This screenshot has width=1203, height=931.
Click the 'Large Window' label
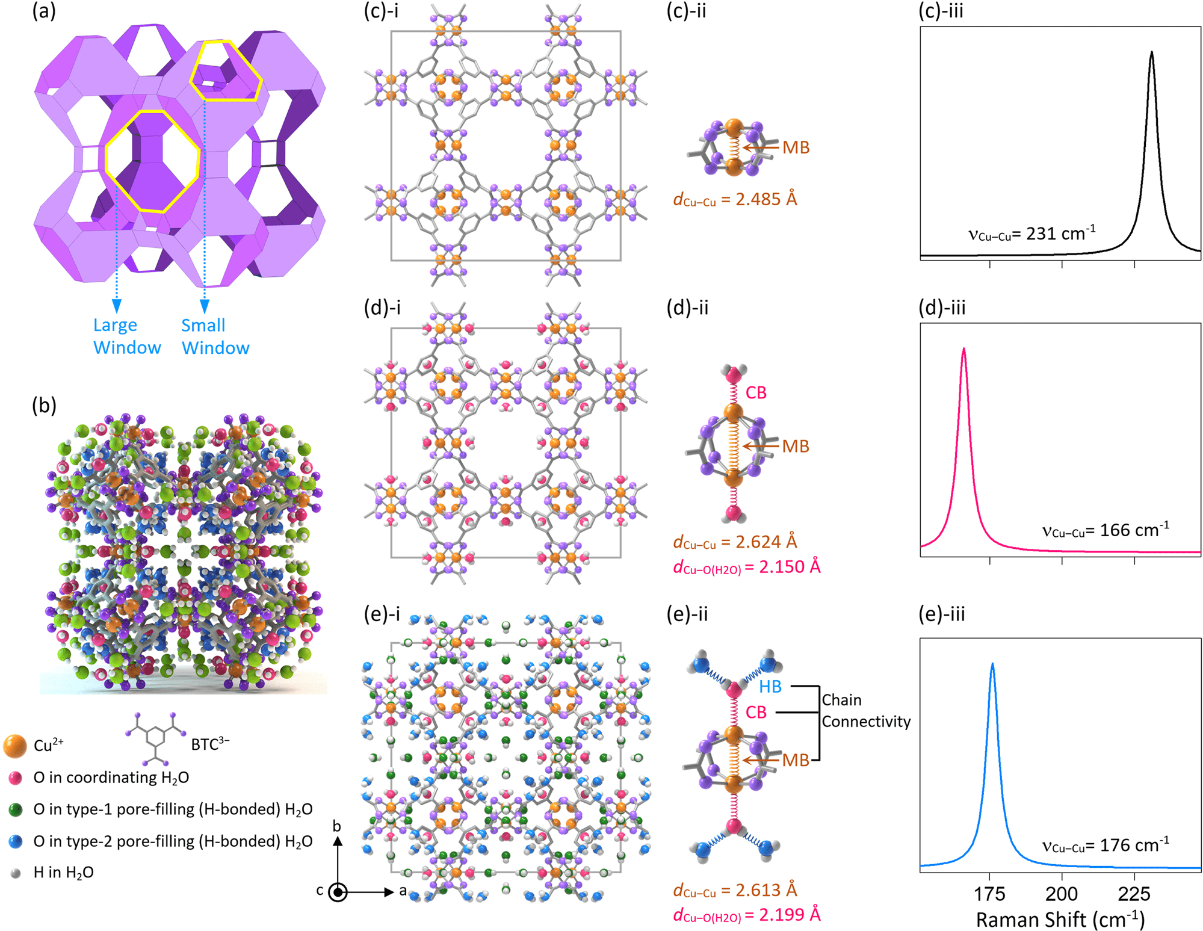pyautogui.click(x=126, y=336)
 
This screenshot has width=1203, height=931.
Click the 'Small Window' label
pyautogui.click(x=215, y=336)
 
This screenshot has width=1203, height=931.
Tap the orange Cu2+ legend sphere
pyautogui.click(x=14, y=746)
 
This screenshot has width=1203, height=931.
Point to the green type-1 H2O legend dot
pyautogui.click(x=16, y=809)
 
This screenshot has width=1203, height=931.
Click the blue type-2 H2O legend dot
pyautogui.click(x=16, y=841)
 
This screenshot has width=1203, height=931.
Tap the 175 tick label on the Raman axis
pyautogui.click(x=989, y=894)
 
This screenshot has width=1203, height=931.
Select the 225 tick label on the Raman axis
pyautogui.click(x=1134, y=894)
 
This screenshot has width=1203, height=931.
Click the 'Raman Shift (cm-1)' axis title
pyautogui.click(x=1060, y=919)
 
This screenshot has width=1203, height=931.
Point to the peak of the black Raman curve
pyautogui.click(x=1152, y=52)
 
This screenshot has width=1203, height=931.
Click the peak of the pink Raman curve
pyautogui.click(x=964, y=349)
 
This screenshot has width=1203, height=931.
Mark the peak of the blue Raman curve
pyautogui.click(x=992, y=664)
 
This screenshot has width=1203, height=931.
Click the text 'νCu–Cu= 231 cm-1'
pyautogui.click(x=1031, y=234)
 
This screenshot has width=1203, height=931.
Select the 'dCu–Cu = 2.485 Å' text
pyautogui.click(x=735, y=199)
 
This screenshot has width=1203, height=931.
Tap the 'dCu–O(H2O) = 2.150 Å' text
pyautogui.click(x=746, y=567)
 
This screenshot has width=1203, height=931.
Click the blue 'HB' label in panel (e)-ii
pyautogui.click(x=770, y=687)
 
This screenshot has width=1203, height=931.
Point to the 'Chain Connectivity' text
pyautogui.click(x=866, y=711)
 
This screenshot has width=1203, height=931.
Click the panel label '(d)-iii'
pyautogui.click(x=942, y=308)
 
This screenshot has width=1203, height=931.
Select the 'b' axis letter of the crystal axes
pyautogui.click(x=337, y=826)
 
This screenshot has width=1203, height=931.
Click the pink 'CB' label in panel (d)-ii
pyautogui.click(x=756, y=393)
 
